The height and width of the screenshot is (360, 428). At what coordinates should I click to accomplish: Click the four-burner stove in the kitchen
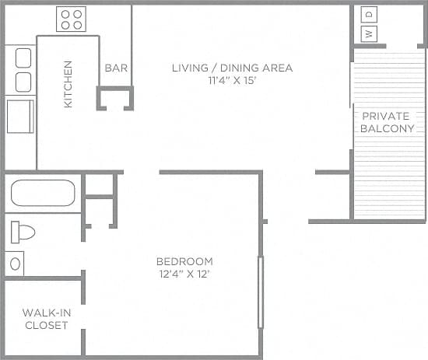click(72, 19)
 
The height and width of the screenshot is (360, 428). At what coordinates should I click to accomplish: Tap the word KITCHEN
click(68, 84)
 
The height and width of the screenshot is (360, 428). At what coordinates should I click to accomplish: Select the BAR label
click(116, 68)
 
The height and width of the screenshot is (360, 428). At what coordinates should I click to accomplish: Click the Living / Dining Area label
click(232, 68)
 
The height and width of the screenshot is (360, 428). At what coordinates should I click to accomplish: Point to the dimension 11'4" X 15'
click(232, 80)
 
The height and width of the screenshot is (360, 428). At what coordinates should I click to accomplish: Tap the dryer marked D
click(370, 14)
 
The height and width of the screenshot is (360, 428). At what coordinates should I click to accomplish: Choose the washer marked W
click(370, 33)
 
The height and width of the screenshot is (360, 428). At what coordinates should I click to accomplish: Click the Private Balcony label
click(387, 122)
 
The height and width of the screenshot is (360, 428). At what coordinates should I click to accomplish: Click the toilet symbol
click(23, 232)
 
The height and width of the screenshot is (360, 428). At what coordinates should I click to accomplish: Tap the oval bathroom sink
click(15, 263)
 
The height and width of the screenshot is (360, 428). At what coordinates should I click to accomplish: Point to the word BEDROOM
click(184, 261)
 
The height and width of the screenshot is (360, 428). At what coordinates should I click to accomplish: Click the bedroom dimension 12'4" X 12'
click(184, 274)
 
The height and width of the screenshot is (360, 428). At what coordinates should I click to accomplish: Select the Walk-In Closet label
click(44, 319)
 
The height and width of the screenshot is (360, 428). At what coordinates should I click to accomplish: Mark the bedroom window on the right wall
click(260, 292)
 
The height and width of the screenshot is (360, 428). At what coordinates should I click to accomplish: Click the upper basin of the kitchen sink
click(23, 58)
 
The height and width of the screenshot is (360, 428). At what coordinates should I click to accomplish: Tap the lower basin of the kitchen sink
click(23, 82)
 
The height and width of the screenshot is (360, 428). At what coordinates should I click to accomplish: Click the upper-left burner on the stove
click(65, 14)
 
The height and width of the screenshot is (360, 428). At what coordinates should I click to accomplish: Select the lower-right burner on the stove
click(78, 26)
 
